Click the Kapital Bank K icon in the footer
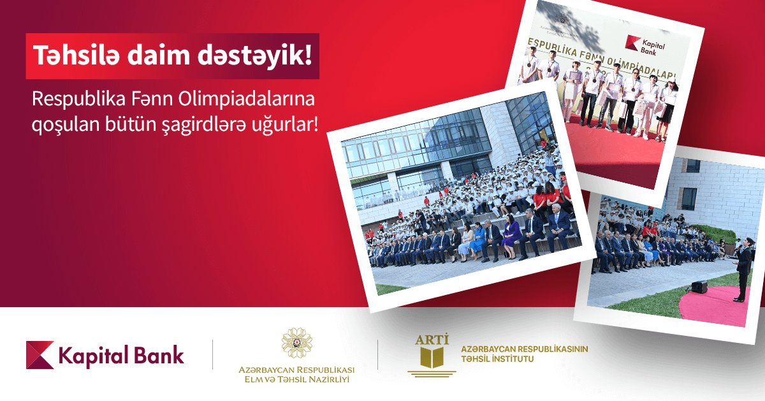(40, 355)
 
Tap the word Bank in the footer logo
(159, 355)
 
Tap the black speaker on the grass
(699, 287)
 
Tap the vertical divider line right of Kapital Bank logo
(212, 355)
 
